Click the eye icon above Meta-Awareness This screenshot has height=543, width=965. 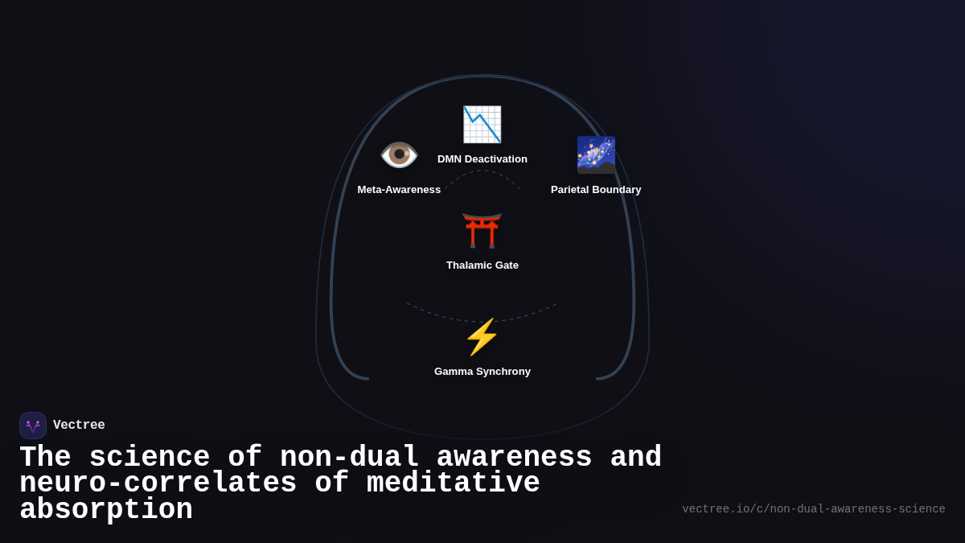pos(399,154)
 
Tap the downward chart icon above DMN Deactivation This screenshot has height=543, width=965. pos(482,125)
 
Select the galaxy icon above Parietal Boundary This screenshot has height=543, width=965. pos(596,154)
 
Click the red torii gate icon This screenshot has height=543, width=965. pos(482,230)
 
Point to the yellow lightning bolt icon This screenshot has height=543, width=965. pos(482,337)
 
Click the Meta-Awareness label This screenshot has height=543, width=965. pos(399,190)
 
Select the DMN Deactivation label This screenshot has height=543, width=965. pos(482,159)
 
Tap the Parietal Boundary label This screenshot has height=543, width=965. pos(596,190)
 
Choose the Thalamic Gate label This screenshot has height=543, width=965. pos(482,265)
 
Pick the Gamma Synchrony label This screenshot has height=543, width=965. pos(482,372)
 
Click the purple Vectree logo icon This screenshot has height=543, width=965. pos(33,426)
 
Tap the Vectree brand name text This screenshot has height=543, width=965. pos(79,426)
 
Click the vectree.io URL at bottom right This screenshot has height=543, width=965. pos(813,509)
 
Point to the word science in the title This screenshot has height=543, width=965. pos(149,458)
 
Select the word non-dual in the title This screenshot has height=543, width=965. pos(349,458)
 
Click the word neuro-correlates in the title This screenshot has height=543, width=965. pos(158,483)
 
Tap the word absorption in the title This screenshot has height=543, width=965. pos(106,510)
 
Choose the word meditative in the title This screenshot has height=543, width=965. pos(453,483)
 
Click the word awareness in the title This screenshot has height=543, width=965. pos(514,458)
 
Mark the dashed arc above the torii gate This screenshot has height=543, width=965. pos(482,171)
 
